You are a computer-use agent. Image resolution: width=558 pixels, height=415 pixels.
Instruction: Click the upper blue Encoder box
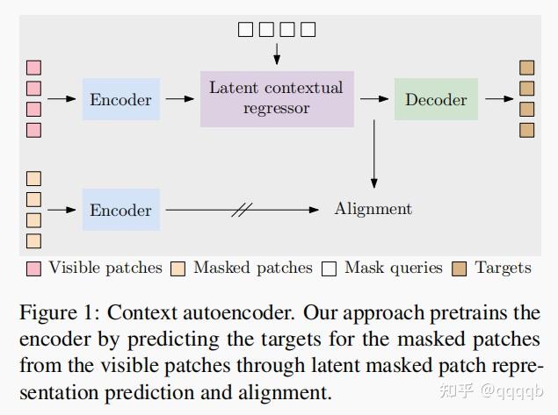tap(121, 99)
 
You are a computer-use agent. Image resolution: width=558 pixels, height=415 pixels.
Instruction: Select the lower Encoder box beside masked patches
tap(121, 210)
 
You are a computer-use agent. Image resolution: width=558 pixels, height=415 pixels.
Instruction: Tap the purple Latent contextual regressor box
tap(276, 98)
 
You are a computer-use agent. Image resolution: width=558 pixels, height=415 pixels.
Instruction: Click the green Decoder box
tap(436, 99)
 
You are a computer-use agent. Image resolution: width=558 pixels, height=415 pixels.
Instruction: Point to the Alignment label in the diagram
tap(373, 209)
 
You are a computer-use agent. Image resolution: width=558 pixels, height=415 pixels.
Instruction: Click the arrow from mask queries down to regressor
tap(277, 53)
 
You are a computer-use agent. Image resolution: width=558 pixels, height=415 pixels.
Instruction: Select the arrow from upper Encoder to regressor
tap(180, 99)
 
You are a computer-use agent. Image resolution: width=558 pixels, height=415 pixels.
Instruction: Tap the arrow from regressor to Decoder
tap(373, 99)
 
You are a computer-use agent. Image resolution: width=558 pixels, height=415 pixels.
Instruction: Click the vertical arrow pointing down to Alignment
tap(374, 154)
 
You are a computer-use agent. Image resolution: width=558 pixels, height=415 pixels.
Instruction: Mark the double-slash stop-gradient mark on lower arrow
tap(242, 210)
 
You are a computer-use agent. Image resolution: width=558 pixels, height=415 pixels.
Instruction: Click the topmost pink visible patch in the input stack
tap(34, 68)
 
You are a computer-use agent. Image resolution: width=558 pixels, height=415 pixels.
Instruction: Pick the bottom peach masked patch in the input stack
tap(34, 240)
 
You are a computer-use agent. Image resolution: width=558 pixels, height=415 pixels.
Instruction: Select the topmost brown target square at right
tap(527, 68)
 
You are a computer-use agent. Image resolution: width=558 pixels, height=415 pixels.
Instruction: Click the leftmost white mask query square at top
tap(245, 30)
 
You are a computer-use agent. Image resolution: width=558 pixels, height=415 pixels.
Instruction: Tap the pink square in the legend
tap(34, 268)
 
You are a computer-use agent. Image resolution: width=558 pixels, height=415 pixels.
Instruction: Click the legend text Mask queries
tap(393, 268)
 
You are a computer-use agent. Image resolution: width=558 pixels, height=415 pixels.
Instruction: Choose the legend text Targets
tap(503, 268)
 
